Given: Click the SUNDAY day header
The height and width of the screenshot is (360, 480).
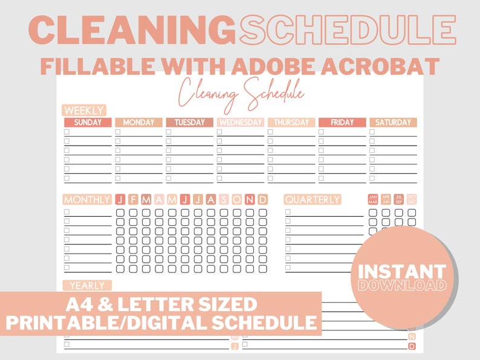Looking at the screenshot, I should click(x=88, y=123).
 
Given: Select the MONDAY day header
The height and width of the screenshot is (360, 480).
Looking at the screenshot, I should click(x=138, y=123).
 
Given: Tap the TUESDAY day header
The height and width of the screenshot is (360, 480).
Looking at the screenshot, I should click(x=189, y=123).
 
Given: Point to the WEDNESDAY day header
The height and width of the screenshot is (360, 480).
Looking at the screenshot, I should click(x=240, y=123).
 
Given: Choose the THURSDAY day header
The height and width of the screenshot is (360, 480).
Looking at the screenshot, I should click(x=291, y=123).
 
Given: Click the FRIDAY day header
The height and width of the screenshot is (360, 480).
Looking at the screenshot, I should click(x=342, y=123).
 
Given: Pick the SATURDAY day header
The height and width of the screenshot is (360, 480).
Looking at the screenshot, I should click(x=393, y=123).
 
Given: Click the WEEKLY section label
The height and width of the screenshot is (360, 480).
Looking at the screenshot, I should click(x=84, y=111).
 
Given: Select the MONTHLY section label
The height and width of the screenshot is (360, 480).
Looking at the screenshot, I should click(x=87, y=199).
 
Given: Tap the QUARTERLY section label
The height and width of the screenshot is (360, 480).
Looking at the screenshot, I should click(x=313, y=199).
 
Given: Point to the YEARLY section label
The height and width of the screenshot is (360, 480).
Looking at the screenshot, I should click(x=87, y=285).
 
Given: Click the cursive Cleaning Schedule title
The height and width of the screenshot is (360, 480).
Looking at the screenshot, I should click(x=241, y=95).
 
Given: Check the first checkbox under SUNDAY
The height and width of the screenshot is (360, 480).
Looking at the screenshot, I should click(x=67, y=132).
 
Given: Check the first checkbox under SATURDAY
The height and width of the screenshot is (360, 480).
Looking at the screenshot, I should click(x=372, y=132).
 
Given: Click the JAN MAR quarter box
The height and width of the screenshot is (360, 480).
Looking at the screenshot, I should click(x=372, y=199).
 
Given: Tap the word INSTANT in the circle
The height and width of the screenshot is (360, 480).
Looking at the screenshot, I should click(x=401, y=271).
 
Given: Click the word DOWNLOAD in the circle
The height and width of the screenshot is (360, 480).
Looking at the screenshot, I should click(x=401, y=284).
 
